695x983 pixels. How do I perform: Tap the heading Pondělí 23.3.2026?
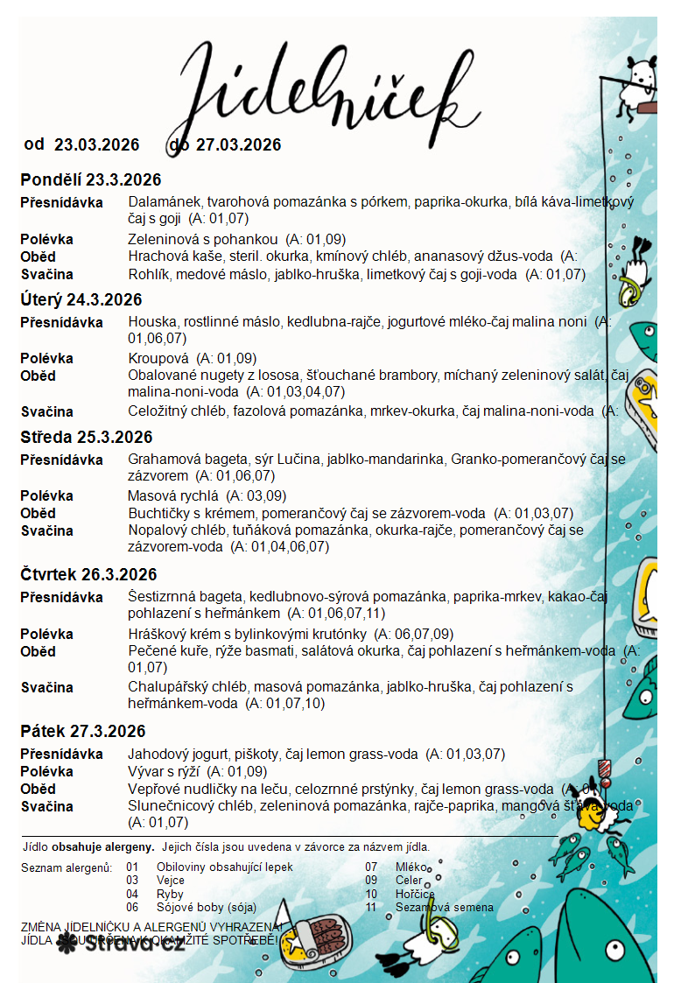pyautogui.click(x=91, y=180)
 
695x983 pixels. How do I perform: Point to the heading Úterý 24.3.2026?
pyautogui.click(x=81, y=300)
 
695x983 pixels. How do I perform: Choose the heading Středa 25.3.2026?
pyautogui.click(x=86, y=437)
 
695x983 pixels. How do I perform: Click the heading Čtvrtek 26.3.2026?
pyautogui.click(x=88, y=574)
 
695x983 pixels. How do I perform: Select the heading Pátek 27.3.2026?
pyautogui.click(x=83, y=731)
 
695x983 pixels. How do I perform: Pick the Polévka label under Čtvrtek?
pyautogui.click(x=46, y=634)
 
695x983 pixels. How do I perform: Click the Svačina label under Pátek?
pyautogui.click(x=46, y=806)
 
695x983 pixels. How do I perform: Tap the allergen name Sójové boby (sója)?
pyautogui.click(x=207, y=908)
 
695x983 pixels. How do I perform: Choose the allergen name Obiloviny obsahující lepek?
pyautogui.click(x=224, y=867)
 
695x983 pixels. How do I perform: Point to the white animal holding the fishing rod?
pyautogui.click(x=637, y=83)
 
